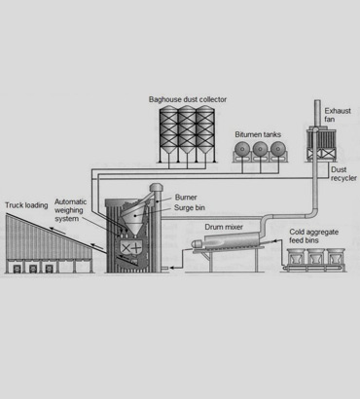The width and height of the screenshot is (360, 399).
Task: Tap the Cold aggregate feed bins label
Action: [x=317, y=238]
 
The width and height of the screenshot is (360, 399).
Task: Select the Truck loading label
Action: [x=27, y=206]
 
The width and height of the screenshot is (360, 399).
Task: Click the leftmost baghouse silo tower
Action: [x=167, y=136]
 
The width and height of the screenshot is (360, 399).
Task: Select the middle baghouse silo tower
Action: [x=186, y=136]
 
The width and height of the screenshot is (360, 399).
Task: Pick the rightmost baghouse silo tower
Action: [x=204, y=136]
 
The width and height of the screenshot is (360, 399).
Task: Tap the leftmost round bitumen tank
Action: [x=242, y=151]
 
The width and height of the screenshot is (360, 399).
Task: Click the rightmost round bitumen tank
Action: [x=278, y=151]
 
